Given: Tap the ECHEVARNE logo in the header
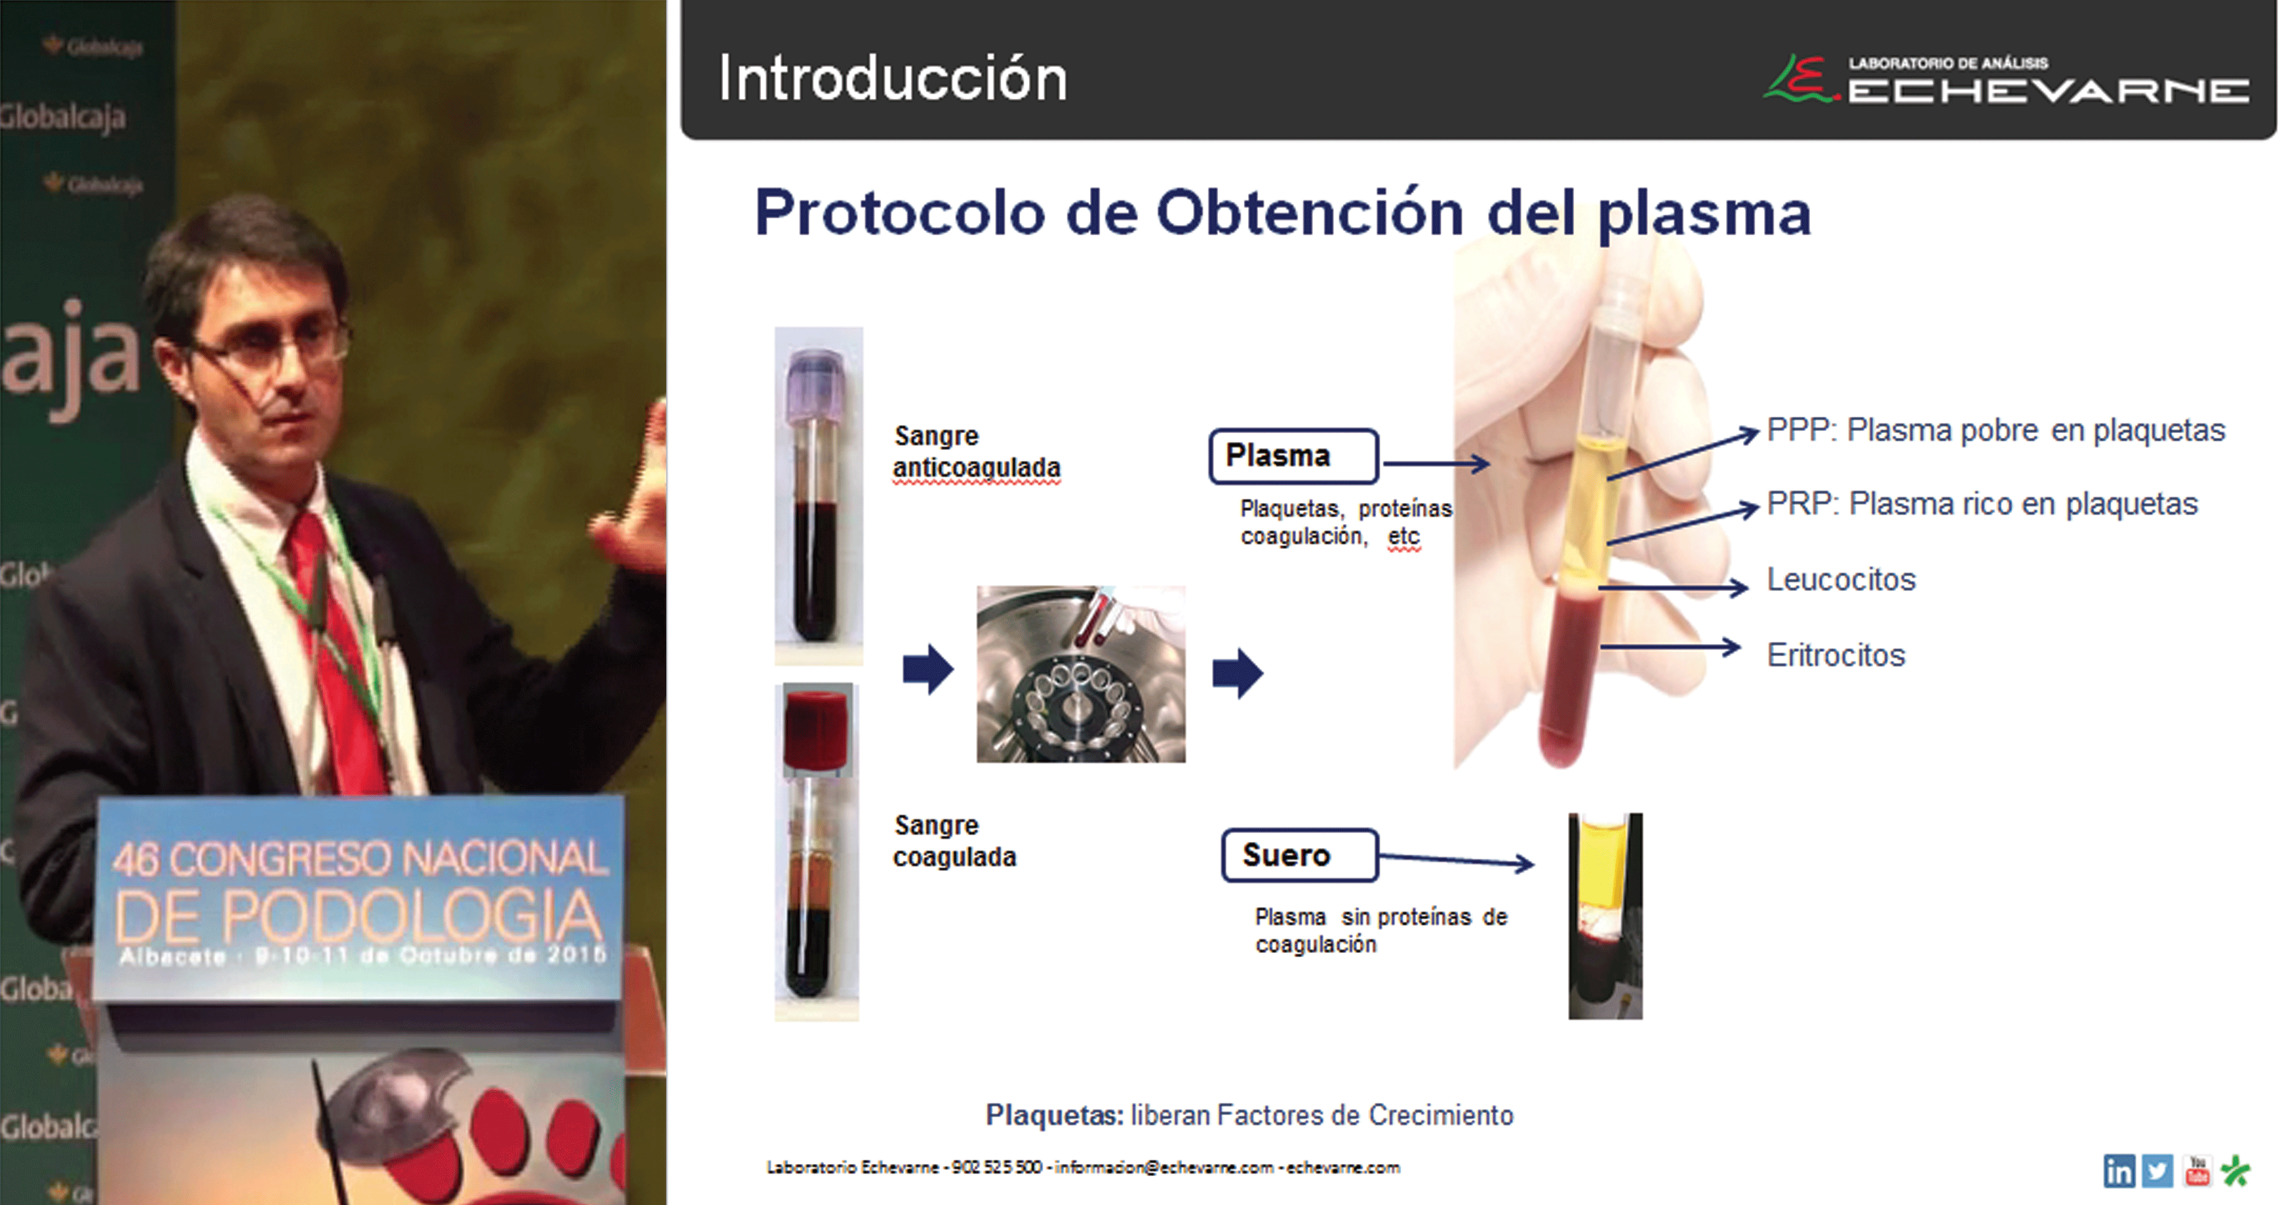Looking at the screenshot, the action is click(2006, 80).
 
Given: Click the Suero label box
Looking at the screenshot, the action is click(1299, 855).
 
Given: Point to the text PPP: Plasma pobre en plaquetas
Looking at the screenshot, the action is click(1996, 430).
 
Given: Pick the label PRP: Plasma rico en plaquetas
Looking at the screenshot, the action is click(1983, 504).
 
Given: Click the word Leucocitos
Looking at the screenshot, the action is click(1841, 579).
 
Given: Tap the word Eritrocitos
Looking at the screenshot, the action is click(1836, 654).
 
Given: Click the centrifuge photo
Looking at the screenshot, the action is click(1080, 674).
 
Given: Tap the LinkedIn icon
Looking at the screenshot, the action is click(2119, 1171).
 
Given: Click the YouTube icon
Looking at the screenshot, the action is click(2197, 1171).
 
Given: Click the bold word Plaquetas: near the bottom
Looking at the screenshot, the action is click(1054, 1115).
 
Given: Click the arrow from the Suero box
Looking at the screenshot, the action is click(1456, 859).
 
